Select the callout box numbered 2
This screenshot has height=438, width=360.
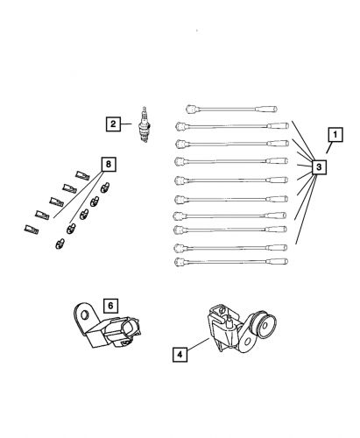(114, 124)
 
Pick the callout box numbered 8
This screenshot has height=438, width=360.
(108, 164)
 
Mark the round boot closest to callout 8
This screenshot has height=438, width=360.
(105, 186)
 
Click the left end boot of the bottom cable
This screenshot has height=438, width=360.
(180, 260)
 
